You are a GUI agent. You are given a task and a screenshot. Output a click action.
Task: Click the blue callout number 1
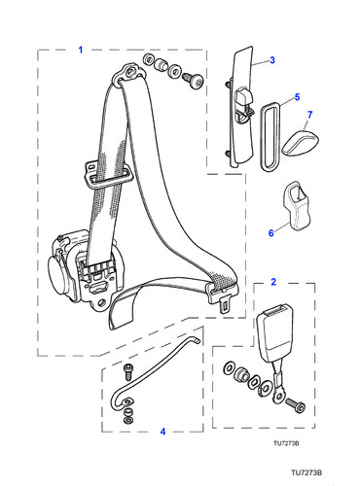coord(81,50)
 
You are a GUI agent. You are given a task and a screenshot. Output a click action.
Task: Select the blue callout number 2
coord(273,282)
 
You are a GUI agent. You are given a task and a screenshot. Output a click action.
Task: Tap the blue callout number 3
coord(272,60)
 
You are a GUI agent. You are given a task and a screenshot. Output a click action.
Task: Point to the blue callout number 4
coord(162,432)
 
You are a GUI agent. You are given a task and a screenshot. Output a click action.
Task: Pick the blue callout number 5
coord(297,97)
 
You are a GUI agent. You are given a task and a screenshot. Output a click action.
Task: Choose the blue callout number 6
coord(271,233)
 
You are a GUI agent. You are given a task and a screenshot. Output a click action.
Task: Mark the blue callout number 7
coord(309,115)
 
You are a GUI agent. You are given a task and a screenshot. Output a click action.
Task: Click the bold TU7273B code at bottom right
coord(306,472)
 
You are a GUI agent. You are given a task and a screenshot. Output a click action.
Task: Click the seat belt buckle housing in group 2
coord(273,332)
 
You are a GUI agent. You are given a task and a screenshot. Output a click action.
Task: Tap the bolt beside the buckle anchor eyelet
coord(296,405)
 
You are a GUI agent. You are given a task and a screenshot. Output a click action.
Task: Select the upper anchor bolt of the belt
coord(193,80)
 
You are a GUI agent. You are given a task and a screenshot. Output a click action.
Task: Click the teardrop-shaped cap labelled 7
coord(301,143)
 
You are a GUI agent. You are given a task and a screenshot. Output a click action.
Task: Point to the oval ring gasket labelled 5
coord(271,135)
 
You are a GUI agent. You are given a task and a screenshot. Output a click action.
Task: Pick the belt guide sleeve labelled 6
coord(296,205)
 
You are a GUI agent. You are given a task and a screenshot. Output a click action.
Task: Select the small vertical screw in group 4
coord(127,371)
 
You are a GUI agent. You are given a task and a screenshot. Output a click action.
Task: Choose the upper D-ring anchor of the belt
coord(128,74)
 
